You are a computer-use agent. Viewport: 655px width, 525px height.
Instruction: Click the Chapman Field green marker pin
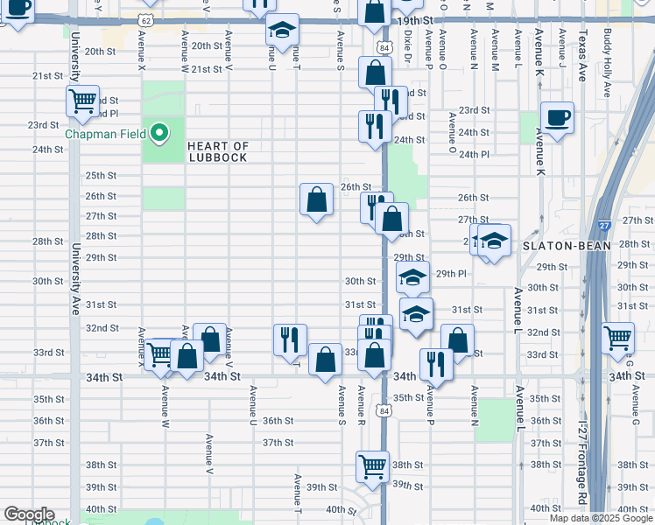(x=158, y=134)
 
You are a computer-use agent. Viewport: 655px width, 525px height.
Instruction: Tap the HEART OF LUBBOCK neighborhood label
(x=218, y=151)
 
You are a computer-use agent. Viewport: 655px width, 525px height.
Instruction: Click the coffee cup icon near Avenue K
(x=556, y=117)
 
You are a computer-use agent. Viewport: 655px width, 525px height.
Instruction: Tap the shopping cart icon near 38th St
(x=372, y=465)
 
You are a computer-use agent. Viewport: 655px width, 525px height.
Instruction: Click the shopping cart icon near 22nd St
(x=82, y=101)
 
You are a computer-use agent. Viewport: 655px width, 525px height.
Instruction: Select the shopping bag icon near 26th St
(x=316, y=200)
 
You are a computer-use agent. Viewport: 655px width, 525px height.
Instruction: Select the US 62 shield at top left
(x=144, y=19)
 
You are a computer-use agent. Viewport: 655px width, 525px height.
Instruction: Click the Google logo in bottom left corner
(x=28, y=514)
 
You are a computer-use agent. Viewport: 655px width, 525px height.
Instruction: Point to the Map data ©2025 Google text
(x=600, y=518)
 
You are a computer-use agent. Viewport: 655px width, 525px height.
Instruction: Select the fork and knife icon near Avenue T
(x=290, y=339)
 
